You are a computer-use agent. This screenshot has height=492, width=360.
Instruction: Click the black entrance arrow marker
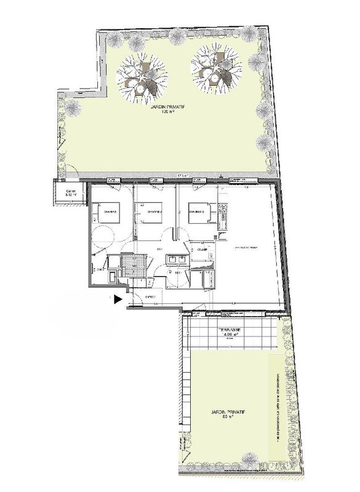click(x=117, y=298)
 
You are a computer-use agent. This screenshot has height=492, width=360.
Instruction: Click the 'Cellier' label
click(x=71, y=192)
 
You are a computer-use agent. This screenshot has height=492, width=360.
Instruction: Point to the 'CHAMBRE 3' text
click(x=197, y=212)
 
